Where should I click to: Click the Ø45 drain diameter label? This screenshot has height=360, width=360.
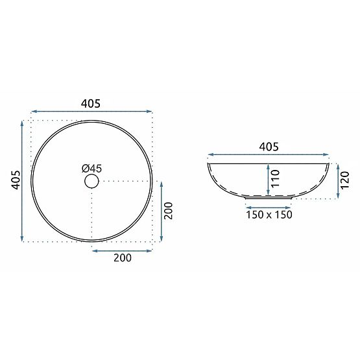click(91, 169)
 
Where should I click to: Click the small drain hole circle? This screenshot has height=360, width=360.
click(92, 181)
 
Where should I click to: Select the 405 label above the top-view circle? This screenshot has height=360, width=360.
click(91, 104)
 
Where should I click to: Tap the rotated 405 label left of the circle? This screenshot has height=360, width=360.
click(16, 180)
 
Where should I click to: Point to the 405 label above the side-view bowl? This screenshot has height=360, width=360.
click(269, 147)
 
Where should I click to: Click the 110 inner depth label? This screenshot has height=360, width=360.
click(275, 178)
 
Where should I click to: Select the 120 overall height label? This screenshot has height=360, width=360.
click(345, 180)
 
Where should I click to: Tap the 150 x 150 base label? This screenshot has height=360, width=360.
click(269, 215)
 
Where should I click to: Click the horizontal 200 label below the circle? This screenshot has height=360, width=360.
click(123, 258)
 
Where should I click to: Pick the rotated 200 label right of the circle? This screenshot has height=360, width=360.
click(169, 211)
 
